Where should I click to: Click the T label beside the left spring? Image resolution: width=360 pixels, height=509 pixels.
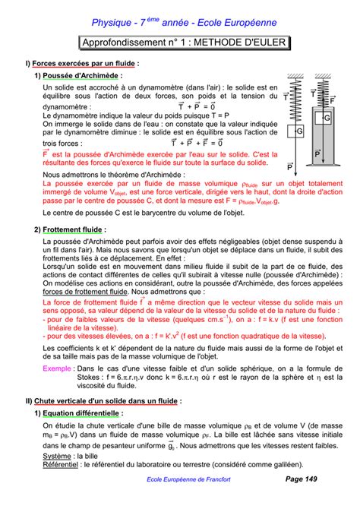click(x=286, y=97)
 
